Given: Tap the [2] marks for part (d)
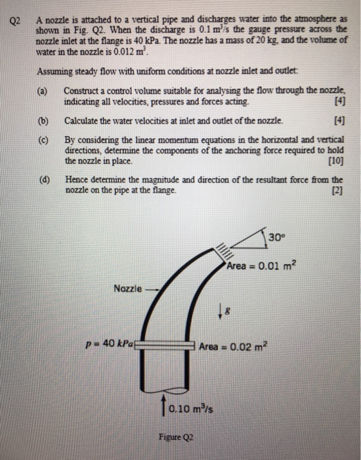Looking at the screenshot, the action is coord(337,189).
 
